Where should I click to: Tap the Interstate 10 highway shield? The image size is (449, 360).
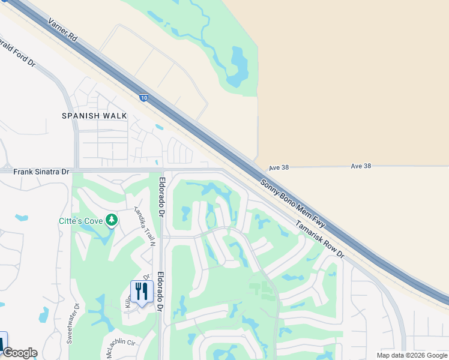143,98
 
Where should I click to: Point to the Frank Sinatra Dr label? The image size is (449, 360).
41,172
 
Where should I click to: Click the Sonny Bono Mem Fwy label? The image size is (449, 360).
293,203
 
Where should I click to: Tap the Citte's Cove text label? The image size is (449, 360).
80,221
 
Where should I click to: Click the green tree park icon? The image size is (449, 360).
111,221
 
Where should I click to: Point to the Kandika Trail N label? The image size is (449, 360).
145,227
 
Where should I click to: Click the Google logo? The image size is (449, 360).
20,353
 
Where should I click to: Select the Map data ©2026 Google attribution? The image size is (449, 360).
411,355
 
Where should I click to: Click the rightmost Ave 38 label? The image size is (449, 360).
360,166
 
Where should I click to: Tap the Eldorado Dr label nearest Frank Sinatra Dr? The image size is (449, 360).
161,196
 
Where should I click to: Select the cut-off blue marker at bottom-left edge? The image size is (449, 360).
2,343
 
